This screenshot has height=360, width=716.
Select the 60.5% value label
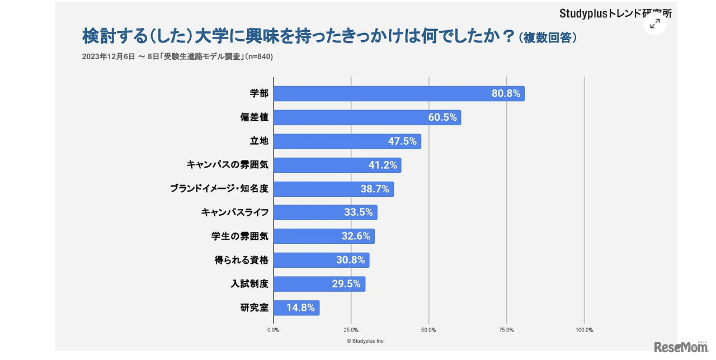(x=442, y=117)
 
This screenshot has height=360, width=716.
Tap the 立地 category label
(x=258, y=141)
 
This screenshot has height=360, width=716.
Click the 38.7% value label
(x=375, y=189)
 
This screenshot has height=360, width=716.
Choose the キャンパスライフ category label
(x=235, y=212)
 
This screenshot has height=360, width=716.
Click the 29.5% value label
(x=346, y=284)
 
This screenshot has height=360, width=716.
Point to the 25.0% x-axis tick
(x=351, y=330)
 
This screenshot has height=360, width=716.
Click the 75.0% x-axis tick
(x=506, y=330)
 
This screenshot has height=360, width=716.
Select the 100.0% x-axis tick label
(x=584, y=330)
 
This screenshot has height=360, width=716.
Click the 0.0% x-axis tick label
(x=274, y=330)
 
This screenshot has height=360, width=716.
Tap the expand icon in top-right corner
(x=655, y=23)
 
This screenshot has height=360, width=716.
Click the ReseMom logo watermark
(x=680, y=347)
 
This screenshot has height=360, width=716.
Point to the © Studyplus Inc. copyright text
(x=366, y=341)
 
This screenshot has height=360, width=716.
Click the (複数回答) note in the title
(x=547, y=38)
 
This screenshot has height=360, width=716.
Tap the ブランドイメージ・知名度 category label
(x=219, y=189)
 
